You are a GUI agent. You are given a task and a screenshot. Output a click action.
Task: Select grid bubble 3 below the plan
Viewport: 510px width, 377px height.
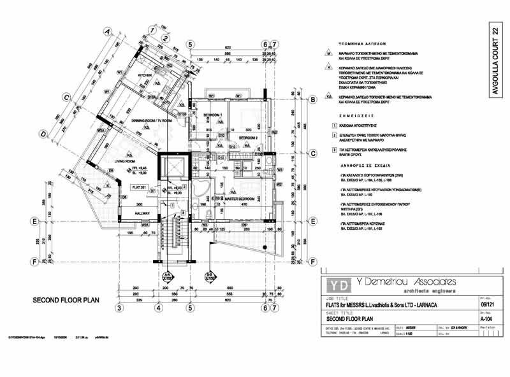tap(119, 308)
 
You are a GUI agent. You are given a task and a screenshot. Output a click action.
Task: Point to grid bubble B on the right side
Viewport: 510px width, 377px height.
tap(314, 100)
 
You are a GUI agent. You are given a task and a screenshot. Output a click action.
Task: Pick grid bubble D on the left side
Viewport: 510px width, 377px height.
tap(43, 134)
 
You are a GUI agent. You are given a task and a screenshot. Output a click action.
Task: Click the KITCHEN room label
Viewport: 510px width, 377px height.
tap(146, 75)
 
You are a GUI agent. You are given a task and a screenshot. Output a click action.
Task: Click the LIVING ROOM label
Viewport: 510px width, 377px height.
tap(126, 162)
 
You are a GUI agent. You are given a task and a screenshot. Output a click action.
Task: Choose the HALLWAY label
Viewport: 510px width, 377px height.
tap(143, 214)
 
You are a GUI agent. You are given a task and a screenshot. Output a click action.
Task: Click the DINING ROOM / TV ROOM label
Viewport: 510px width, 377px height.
tap(152, 121)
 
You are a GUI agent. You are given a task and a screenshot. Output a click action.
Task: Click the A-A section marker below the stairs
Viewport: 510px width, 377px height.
tap(168, 276)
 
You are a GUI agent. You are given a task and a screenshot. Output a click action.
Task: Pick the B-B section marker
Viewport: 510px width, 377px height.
tap(210, 276)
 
